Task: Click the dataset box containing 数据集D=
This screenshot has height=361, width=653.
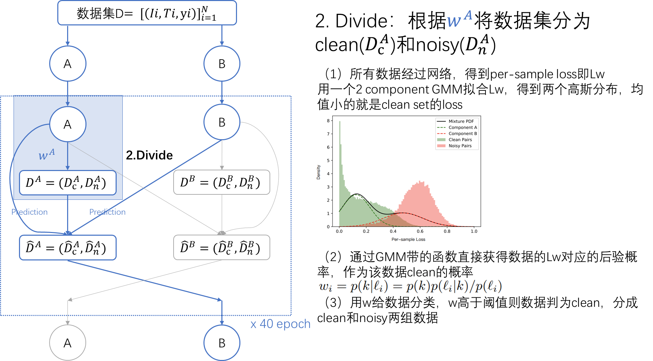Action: pos(147,13)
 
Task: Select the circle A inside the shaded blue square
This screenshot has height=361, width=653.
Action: pos(68,124)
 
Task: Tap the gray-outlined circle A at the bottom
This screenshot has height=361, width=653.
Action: pos(68,343)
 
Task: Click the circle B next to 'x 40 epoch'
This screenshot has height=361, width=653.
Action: pos(222,343)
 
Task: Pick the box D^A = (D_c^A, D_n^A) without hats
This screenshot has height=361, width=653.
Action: pos(68,183)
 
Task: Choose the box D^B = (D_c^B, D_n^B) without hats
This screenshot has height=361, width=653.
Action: pos(222,183)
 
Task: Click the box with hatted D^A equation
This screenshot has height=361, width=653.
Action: pos(68,248)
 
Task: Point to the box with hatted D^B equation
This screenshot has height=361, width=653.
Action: pos(222,248)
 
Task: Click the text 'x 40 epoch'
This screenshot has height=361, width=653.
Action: pos(280,324)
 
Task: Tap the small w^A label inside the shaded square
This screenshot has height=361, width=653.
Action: pos(46,154)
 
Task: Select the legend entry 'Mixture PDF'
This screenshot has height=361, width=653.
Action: pos(461,121)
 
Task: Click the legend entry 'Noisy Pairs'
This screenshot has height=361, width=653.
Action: pos(460,146)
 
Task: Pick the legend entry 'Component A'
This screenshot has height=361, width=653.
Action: pos(462,127)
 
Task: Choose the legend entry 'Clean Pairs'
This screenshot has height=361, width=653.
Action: pos(460,140)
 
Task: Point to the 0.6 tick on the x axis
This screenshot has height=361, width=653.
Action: pos(420,231)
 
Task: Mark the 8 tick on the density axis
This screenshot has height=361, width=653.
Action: pos(328,121)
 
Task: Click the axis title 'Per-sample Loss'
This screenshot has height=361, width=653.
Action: pos(408,239)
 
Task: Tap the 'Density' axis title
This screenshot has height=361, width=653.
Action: pos(318,172)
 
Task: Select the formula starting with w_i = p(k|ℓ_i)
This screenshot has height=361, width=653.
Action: pos(410,286)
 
